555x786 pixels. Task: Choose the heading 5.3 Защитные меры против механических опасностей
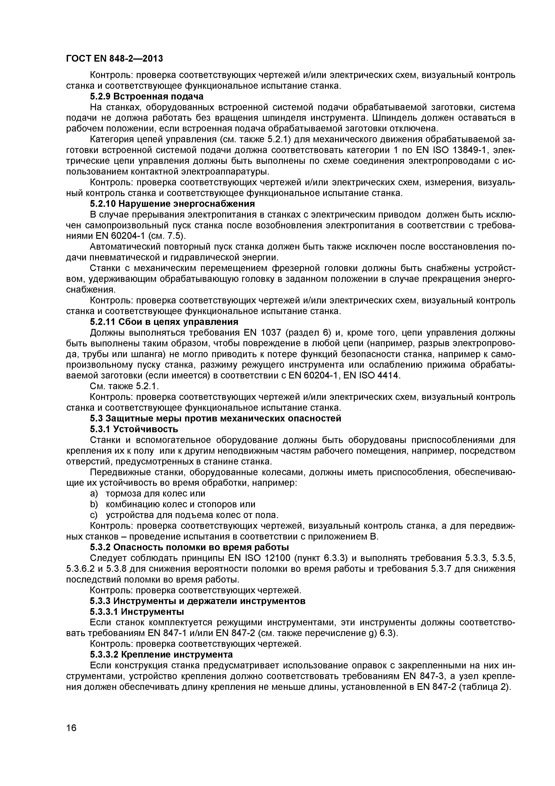(x=216, y=418)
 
